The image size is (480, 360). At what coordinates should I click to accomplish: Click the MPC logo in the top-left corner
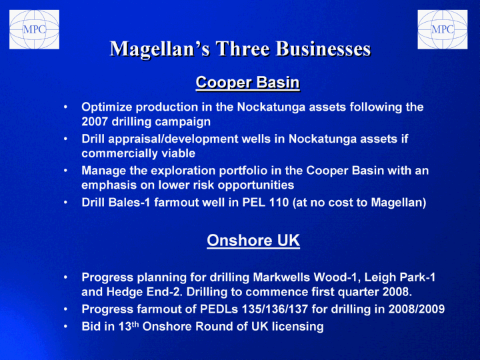pyautogui.click(x=34, y=29)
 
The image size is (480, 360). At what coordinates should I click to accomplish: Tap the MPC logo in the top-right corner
pyautogui.click(x=443, y=29)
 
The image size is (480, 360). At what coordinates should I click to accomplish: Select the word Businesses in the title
pyautogui.click(x=323, y=49)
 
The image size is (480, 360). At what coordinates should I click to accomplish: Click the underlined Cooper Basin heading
pyautogui.click(x=247, y=83)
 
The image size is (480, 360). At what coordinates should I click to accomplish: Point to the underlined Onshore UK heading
pyautogui.click(x=253, y=240)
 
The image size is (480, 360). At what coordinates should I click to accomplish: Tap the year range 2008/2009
pyautogui.click(x=416, y=309)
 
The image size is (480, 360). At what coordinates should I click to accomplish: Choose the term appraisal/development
pyautogui.click(x=173, y=139)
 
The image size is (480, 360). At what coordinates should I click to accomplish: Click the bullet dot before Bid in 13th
pyautogui.click(x=65, y=327)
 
